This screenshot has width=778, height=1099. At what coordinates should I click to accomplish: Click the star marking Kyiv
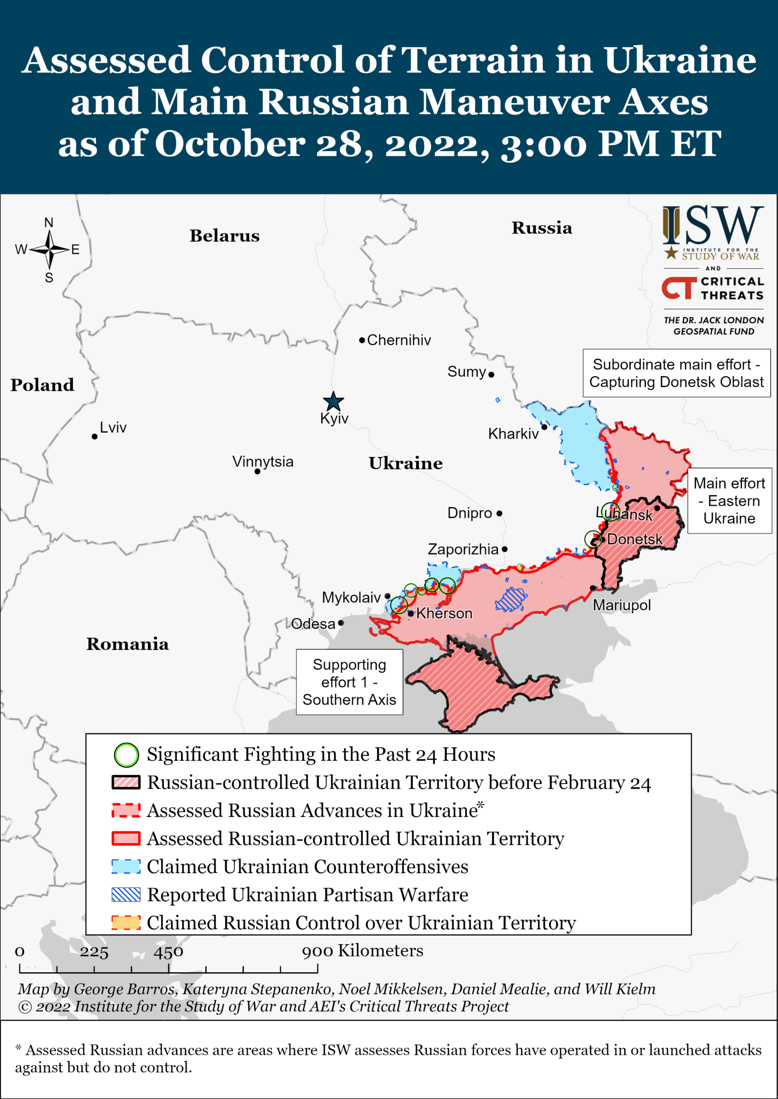[x=333, y=401]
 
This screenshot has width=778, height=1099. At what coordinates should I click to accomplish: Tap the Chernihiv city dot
[x=362, y=340]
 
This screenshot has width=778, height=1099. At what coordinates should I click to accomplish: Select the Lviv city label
[x=113, y=427]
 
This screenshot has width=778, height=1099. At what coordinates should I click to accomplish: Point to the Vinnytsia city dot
[x=257, y=472]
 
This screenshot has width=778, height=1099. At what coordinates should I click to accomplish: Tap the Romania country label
[x=127, y=644]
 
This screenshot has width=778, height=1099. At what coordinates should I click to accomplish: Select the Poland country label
[x=42, y=385]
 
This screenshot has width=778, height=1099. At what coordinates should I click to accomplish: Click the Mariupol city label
[x=621, y=605]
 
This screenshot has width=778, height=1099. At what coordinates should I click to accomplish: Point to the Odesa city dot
[x=341, y=623]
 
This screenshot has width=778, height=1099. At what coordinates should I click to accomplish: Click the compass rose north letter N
[x=49, y=222]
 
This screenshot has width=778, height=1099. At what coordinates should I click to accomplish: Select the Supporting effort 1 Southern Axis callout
[x=349, y=682]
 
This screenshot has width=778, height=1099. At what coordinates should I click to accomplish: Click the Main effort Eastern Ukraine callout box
[x=729, y=501]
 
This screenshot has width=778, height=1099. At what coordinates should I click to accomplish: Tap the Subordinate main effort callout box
[x=676, y=373]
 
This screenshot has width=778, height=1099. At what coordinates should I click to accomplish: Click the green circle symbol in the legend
[x=127, y=755]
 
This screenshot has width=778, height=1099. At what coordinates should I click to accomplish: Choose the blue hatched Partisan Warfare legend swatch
[x=126, y=894]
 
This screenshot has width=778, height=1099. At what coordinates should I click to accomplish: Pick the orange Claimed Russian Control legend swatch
[x=126, y=923]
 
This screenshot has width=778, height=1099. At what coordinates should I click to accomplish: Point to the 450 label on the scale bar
[x=168, y=951]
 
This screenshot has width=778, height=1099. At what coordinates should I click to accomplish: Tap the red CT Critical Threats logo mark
[x=679, y=288]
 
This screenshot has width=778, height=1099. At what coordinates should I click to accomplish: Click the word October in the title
[x=230, y=143]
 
